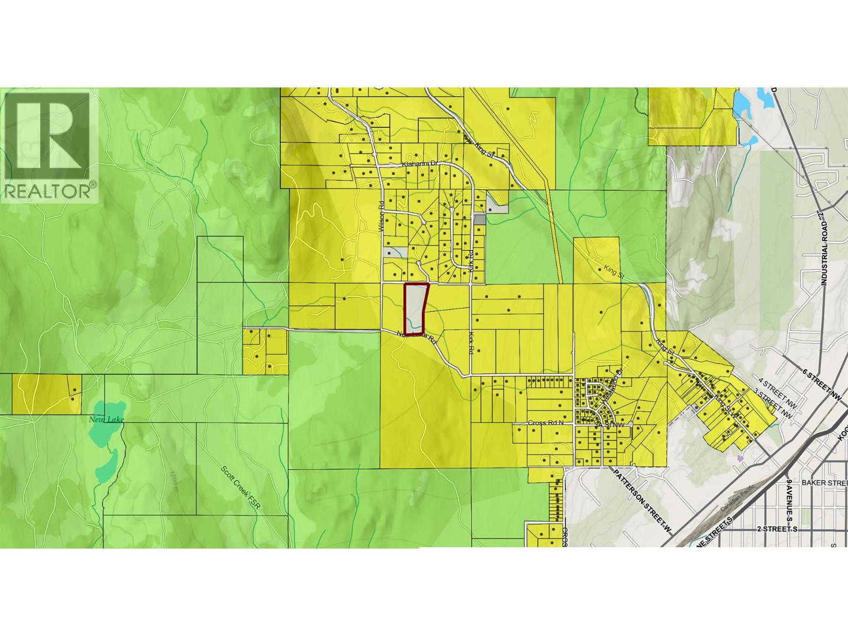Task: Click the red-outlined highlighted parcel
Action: coord(415,307)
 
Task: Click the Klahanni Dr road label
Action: coord(419,165)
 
